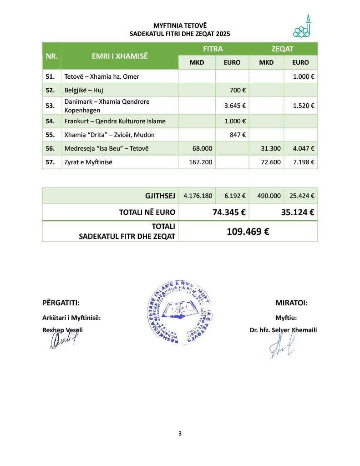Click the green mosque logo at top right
(x=304, y=27)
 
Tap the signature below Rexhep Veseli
(x=63, y=340)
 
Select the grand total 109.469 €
(x=248, y=231)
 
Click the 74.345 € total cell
(x=229, y=212)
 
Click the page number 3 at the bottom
(x=180, y=433)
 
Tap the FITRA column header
(x=213, y=49)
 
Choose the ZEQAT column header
(x=283, y=49)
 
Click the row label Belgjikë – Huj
(x=84, y=90)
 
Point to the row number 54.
(x=51, y=121)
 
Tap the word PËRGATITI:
(x=61, y=303)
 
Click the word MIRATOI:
(x=291, y=303)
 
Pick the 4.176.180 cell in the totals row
(x=198, y=196)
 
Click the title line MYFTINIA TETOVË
(x=180, y=25)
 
